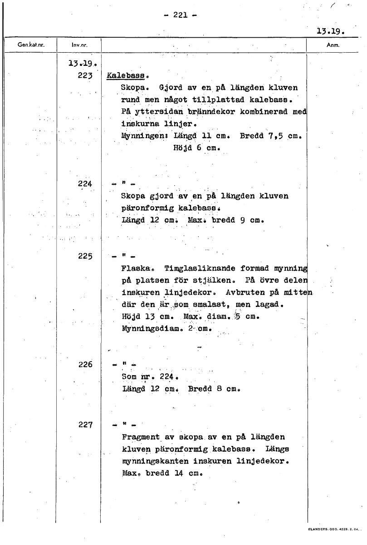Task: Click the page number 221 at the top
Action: [180, 15]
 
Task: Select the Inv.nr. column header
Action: [79, 45]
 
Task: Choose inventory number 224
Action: [85, 184]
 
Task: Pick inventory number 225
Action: [85, 256]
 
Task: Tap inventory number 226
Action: [85, 364]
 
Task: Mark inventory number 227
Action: [85, 425]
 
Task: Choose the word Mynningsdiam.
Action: [147, 328]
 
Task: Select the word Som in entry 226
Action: [129, 377]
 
